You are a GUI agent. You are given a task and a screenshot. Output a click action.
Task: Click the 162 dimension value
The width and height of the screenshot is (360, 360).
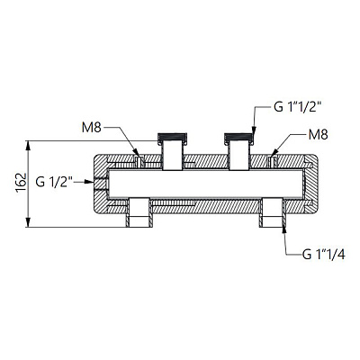[22, 184]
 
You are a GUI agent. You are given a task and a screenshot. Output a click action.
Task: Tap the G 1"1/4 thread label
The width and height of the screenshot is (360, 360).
[324, 255]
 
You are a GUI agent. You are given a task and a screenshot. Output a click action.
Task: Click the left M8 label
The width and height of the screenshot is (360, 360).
[91, 128]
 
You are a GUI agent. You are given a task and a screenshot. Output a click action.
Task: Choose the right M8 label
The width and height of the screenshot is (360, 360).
[318, 135]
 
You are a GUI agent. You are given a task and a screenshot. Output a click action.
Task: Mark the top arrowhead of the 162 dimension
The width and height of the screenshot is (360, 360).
[28, 146]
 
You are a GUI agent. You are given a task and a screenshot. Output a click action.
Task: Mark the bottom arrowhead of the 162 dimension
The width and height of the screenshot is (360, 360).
[28, 221]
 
